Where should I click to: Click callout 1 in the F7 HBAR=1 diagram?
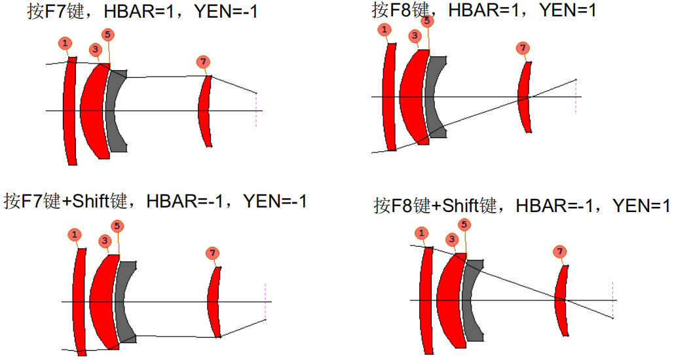click(65, 43)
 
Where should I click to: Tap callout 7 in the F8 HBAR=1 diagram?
click(523, 48)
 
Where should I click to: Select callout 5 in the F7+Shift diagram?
click(117, 226)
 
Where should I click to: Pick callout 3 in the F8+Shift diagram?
click(451, 240)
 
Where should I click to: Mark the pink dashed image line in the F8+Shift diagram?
click(612, 300)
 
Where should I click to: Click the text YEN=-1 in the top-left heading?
click(226, 10)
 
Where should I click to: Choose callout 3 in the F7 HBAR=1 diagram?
click(96, 49)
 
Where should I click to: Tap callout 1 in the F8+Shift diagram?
click(421, 233)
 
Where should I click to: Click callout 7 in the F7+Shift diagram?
click(212, 253)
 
